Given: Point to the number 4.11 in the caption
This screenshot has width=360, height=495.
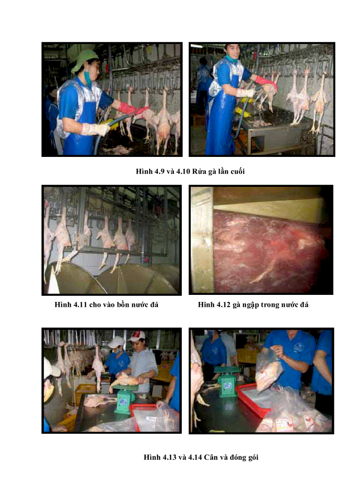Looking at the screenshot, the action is click(80, 305).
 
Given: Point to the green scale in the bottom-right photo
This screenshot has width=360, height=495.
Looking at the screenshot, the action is click(227, 382).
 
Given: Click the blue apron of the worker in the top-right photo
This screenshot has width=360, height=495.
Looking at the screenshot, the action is click(221, 123).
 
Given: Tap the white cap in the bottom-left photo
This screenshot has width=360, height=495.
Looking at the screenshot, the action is click(116, 342).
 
